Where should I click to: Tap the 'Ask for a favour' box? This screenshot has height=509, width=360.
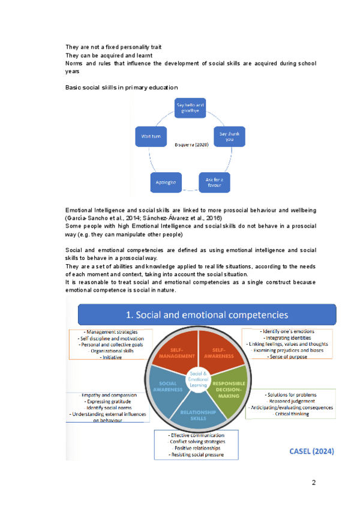pos(214,181)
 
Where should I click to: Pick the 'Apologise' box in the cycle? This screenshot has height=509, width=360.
pos(163,182)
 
